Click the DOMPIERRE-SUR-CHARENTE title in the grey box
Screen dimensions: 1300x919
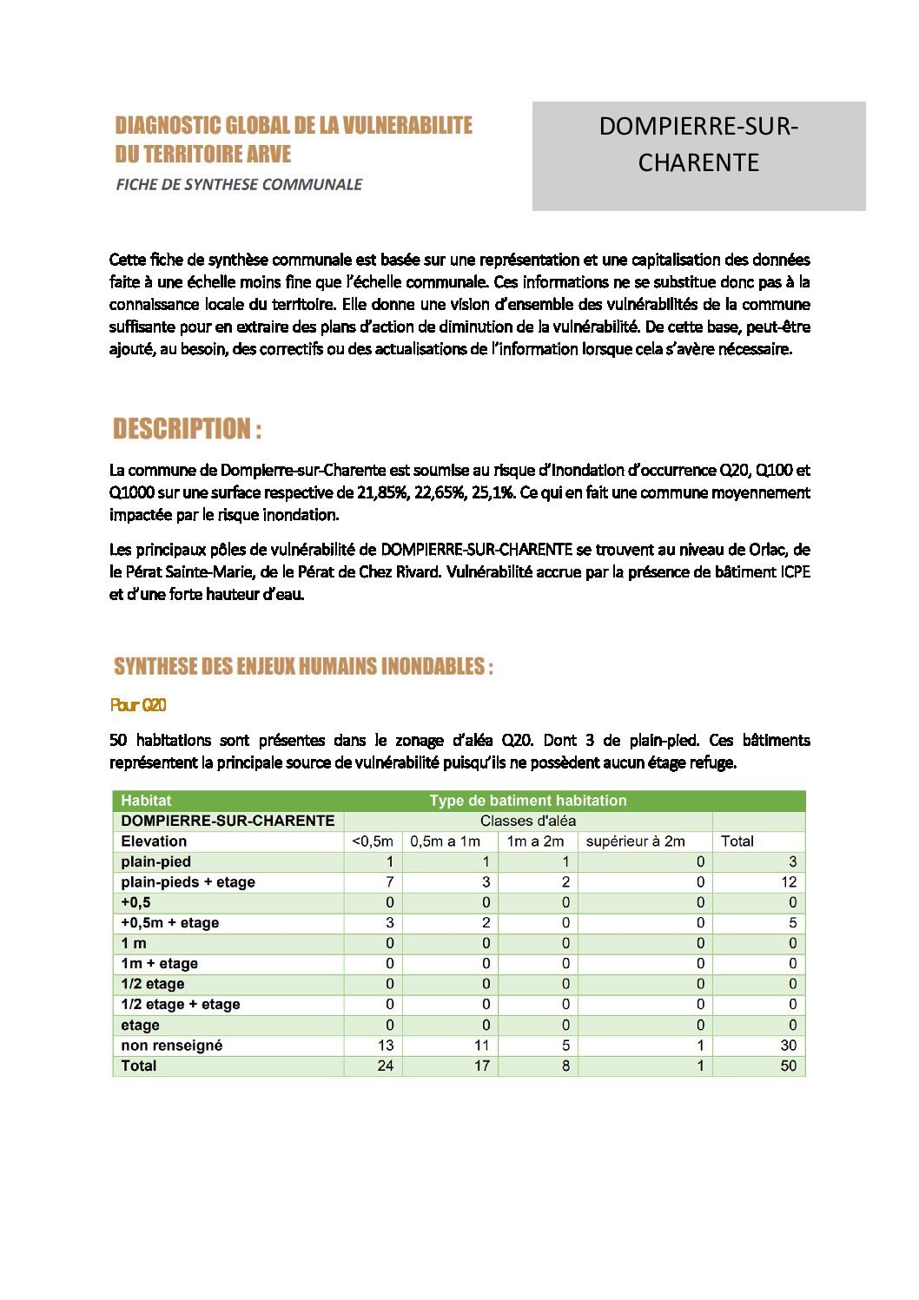[698, 144]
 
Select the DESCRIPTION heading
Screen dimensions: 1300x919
[187, 429]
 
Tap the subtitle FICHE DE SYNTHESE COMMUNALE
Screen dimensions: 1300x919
[239, 184]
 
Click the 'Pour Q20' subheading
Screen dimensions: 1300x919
[138, 705]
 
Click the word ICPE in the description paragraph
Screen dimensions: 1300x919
[795, 572]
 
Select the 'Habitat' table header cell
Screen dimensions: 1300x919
[146, 801]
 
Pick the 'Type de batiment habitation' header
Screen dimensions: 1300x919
[527, 801]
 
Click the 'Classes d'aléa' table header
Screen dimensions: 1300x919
[527, 821]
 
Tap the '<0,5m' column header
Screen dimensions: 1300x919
[373, 841]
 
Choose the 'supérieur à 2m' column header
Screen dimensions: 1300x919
[635, 841]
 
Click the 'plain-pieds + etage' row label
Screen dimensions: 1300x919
[188, 882]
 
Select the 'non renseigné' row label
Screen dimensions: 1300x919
[171, 1046]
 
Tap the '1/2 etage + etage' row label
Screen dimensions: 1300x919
[180, 1005]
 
